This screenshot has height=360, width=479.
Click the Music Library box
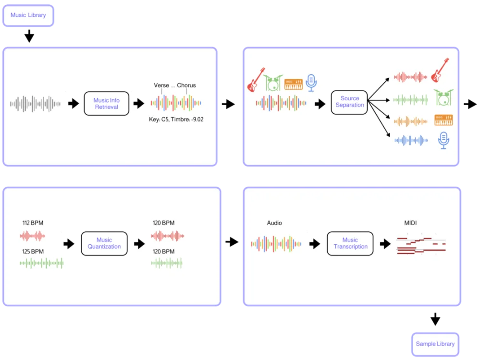[x=28, y=15]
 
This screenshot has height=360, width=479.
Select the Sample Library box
[x=435, y=344]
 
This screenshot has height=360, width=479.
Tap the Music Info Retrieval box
[x=106, y=103]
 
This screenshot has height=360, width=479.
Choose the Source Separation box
[x=349, y=102]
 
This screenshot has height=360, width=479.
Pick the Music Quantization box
[x=104, y=243]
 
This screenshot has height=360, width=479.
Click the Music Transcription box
[x=350, y=243]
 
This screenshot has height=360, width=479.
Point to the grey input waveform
[x=35, y=104]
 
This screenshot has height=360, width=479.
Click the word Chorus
[x=186, y=85]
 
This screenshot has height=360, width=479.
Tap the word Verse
[x=161, y=85]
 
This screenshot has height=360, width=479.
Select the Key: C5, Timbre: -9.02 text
[x=176, y=120]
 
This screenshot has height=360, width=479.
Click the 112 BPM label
[x=33, y=223]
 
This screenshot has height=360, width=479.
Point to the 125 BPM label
[x=33, y=252]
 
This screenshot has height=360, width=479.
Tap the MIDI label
[x=410, y=223]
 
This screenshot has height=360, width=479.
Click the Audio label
[x=274, y=223]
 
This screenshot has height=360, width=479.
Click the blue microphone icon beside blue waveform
[x=443, y=140]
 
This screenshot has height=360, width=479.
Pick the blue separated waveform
[x=411, y=140]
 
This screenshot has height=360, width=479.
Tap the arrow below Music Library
[x=29, y=36]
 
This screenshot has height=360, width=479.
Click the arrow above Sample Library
[x=435, y=319]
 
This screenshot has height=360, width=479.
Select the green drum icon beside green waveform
[x=443, y=97]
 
